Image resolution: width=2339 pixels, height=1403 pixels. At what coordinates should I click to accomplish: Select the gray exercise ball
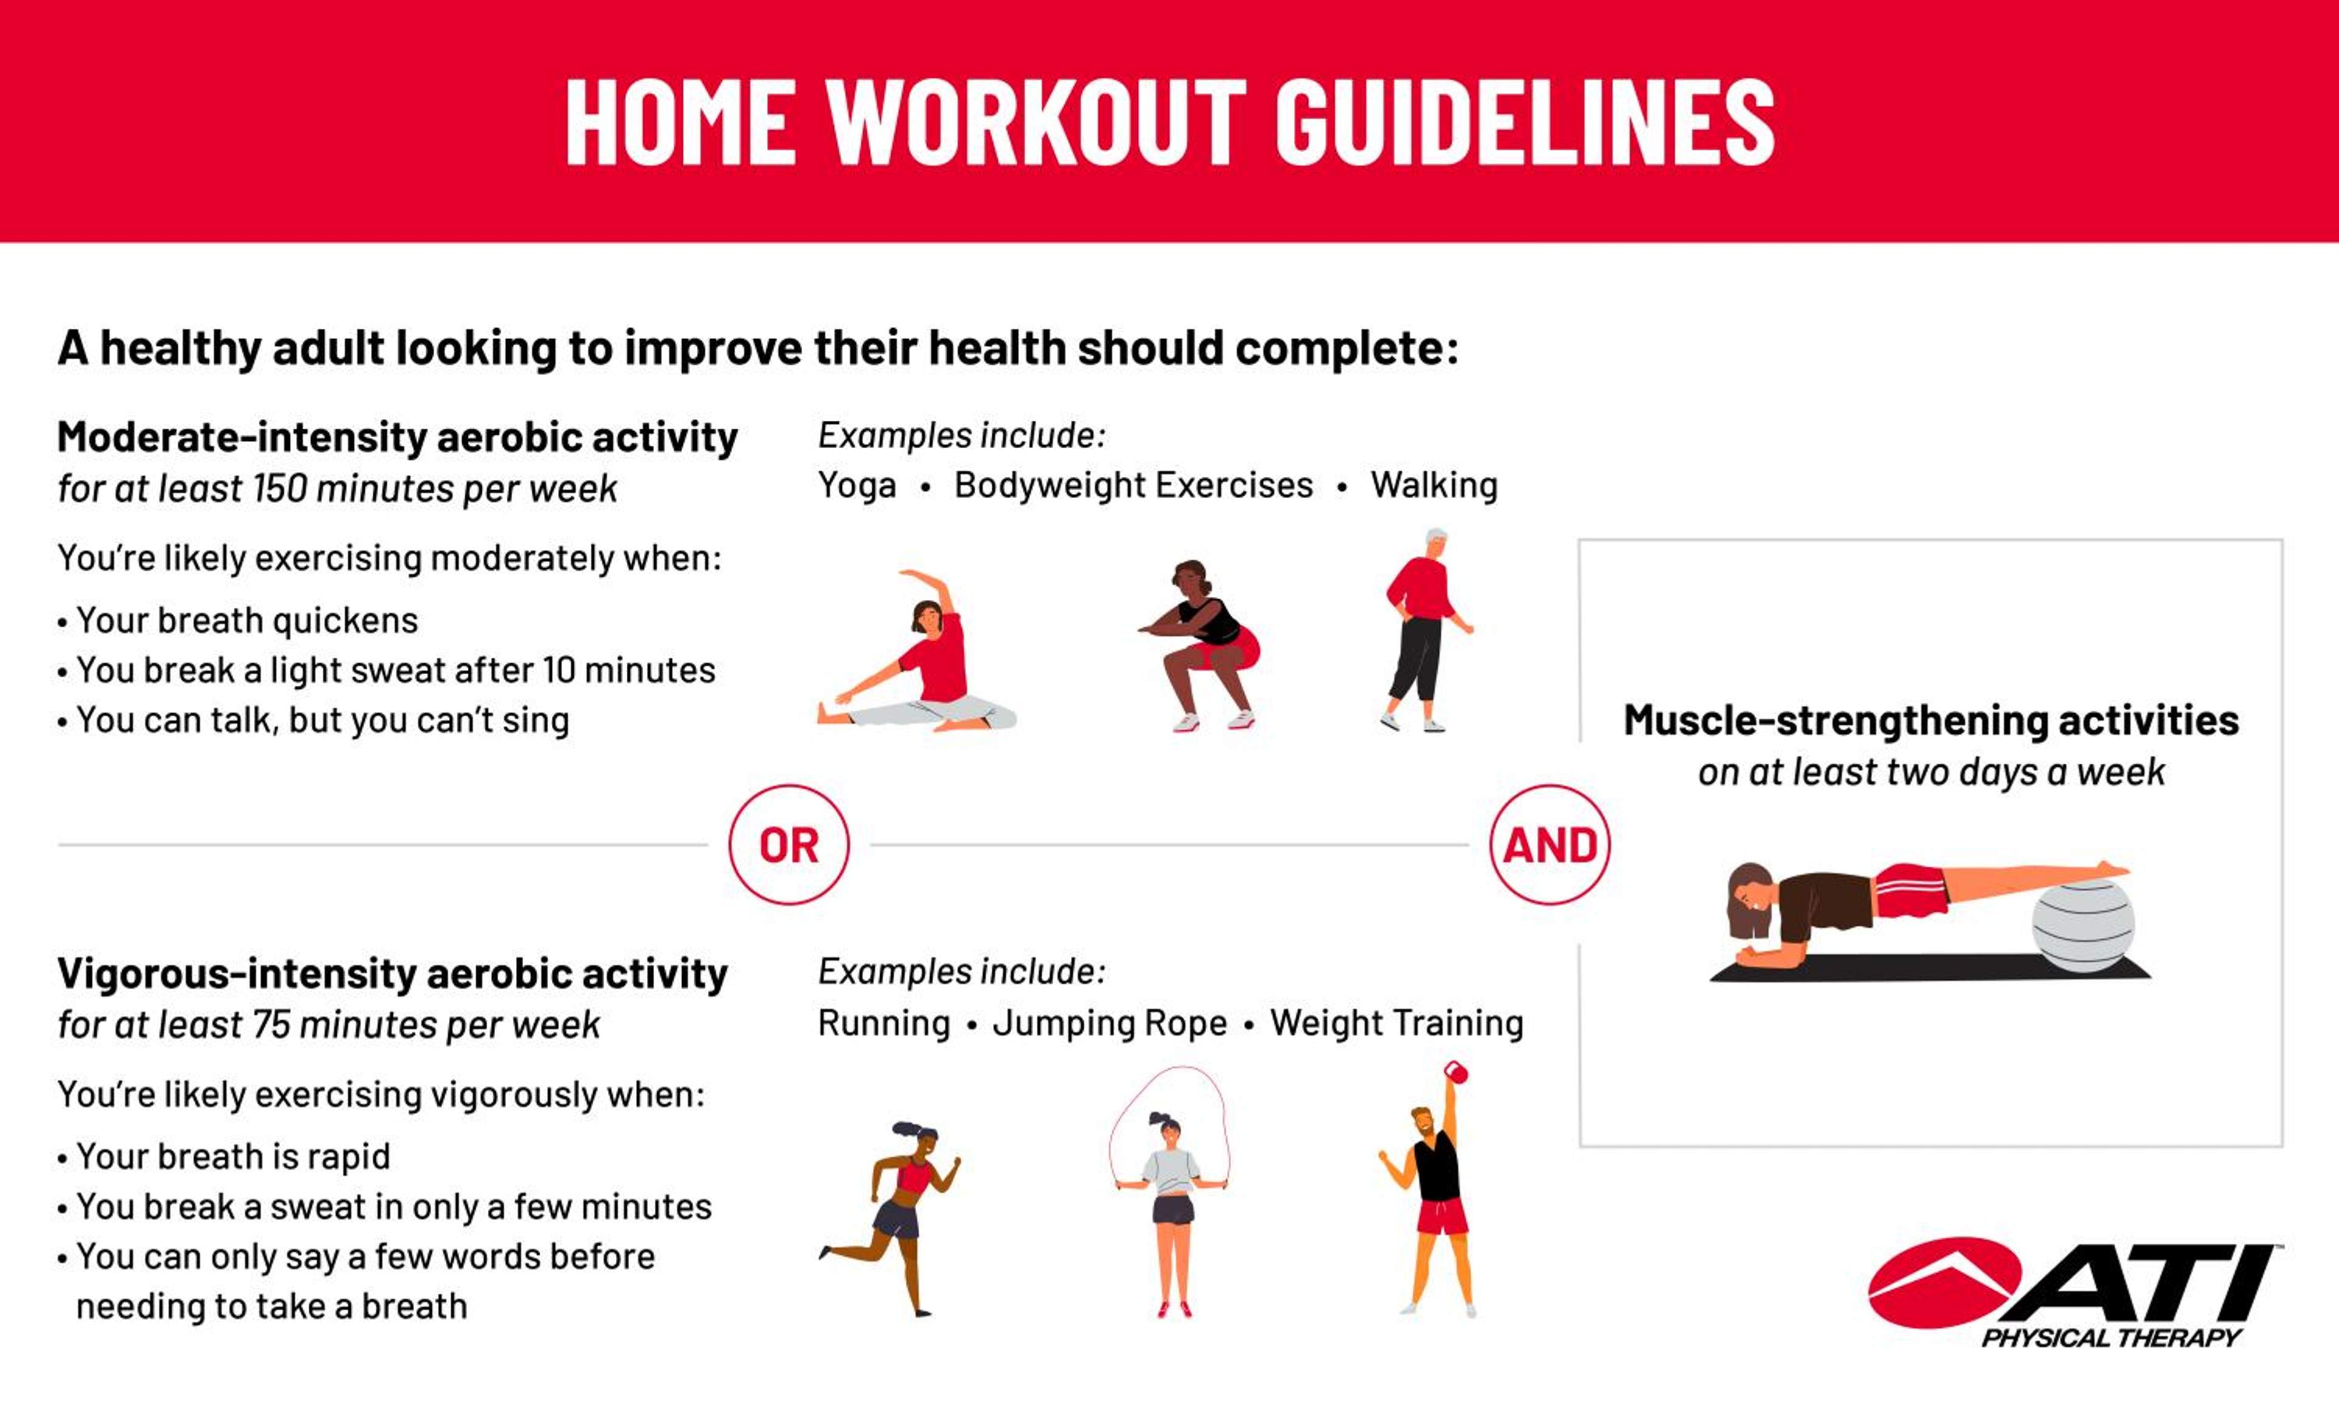[x=2083, y=924]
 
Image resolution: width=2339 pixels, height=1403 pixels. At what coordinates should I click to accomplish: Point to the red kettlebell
[x=1456, y=1072]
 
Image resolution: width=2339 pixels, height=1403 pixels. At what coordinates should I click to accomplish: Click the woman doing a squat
[x=1199, y=645]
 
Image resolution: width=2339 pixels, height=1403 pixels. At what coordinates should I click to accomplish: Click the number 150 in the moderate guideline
[x=280, y=489]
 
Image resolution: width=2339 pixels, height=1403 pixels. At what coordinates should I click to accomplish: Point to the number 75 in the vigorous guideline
[x=270, y=1025]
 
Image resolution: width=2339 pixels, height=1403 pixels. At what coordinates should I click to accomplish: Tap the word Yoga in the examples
[x=856, y=486]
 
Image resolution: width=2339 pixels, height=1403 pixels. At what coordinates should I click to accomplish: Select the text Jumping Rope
[x=1110, y=1023]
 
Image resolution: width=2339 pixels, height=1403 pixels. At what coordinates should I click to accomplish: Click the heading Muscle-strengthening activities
[x=1930, y=720]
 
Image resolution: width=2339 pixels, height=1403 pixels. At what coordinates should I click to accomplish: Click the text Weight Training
[x=1397, y=1023]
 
